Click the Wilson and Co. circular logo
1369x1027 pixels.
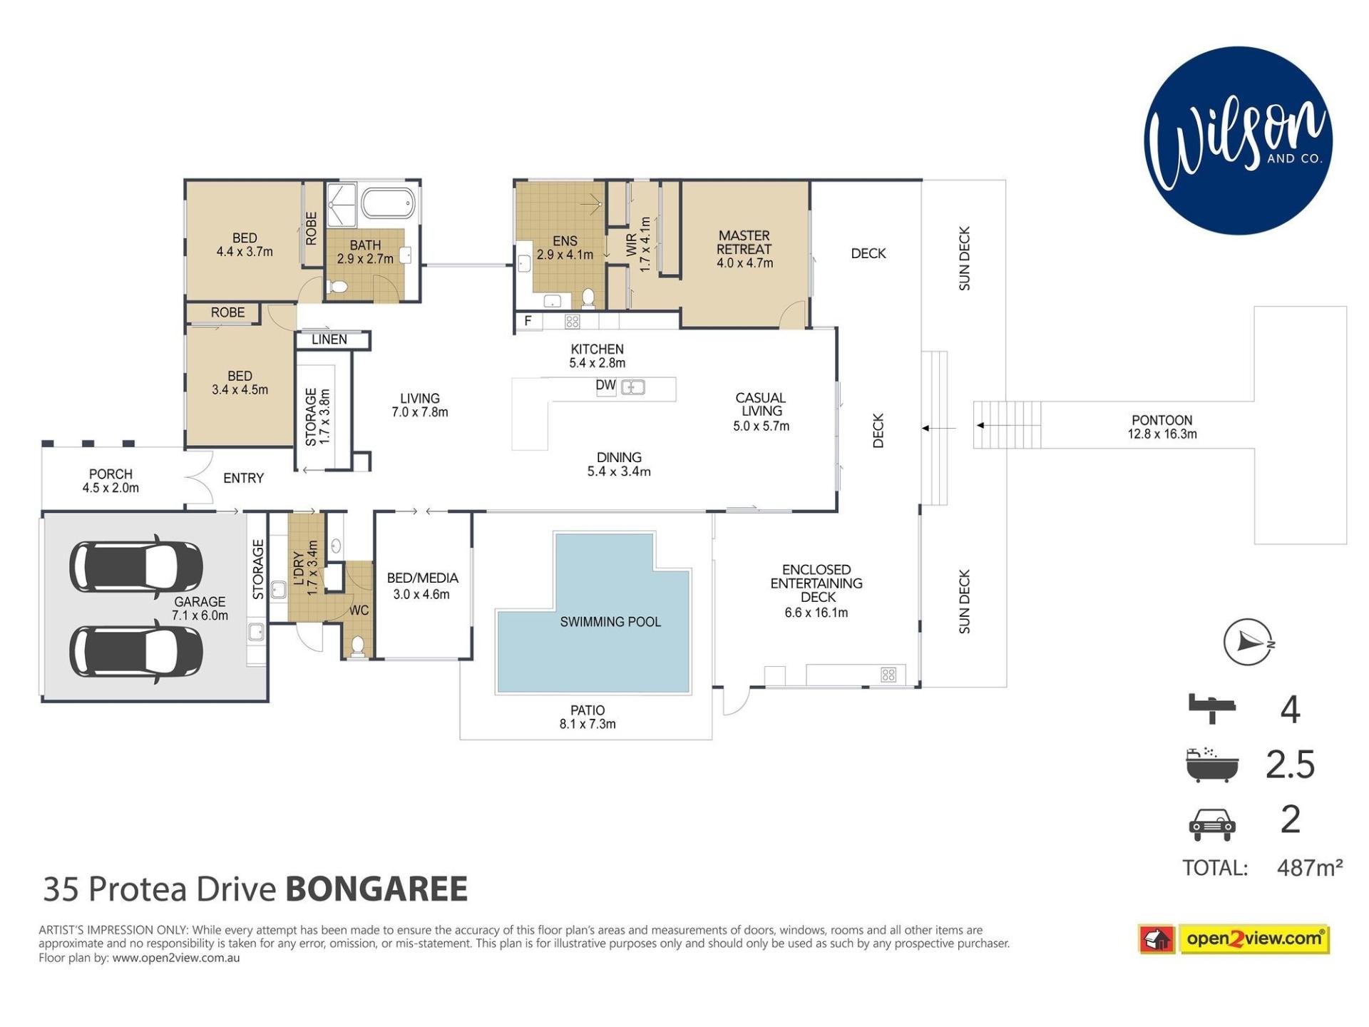pyautogui.click(x=1238, y=140)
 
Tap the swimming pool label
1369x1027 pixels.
pyautogui.click(x=610, y=622)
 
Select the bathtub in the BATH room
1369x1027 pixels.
pyautogui.click(x=388, y=203)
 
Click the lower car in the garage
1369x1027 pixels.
pyautogui.click(x=136, y=651)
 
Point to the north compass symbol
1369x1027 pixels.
pyautogui.click(x=1248, y=642)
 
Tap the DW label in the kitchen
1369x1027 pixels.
pyautogui.click(x=605, y=385)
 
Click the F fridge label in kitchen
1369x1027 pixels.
pyautogui.click(x=528, y=321)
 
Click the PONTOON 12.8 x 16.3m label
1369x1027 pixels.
pyautogui.click(x=1162, y=427)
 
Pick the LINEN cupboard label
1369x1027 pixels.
pyautogui.click(x=329, y=339)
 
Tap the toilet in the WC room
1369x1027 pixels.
pyautogui.click(x=358, y=646)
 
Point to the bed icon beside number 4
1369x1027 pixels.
pyautogui.click(x=1211, y=707)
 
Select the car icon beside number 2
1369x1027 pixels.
pyautogui.click(x=1211, y=824)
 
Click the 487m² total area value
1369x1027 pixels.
pyautogui.click(x=1310, y=868)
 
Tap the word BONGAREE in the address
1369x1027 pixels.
pyautogui.click(x=376, y=889)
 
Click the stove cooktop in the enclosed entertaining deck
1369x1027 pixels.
pyautogui.click(x=888, y=675)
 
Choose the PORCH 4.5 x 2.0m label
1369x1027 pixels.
pyautogui.click(x=111, y=481)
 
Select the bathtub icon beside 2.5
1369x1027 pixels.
pyautogui.click(x=1211, y=765)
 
